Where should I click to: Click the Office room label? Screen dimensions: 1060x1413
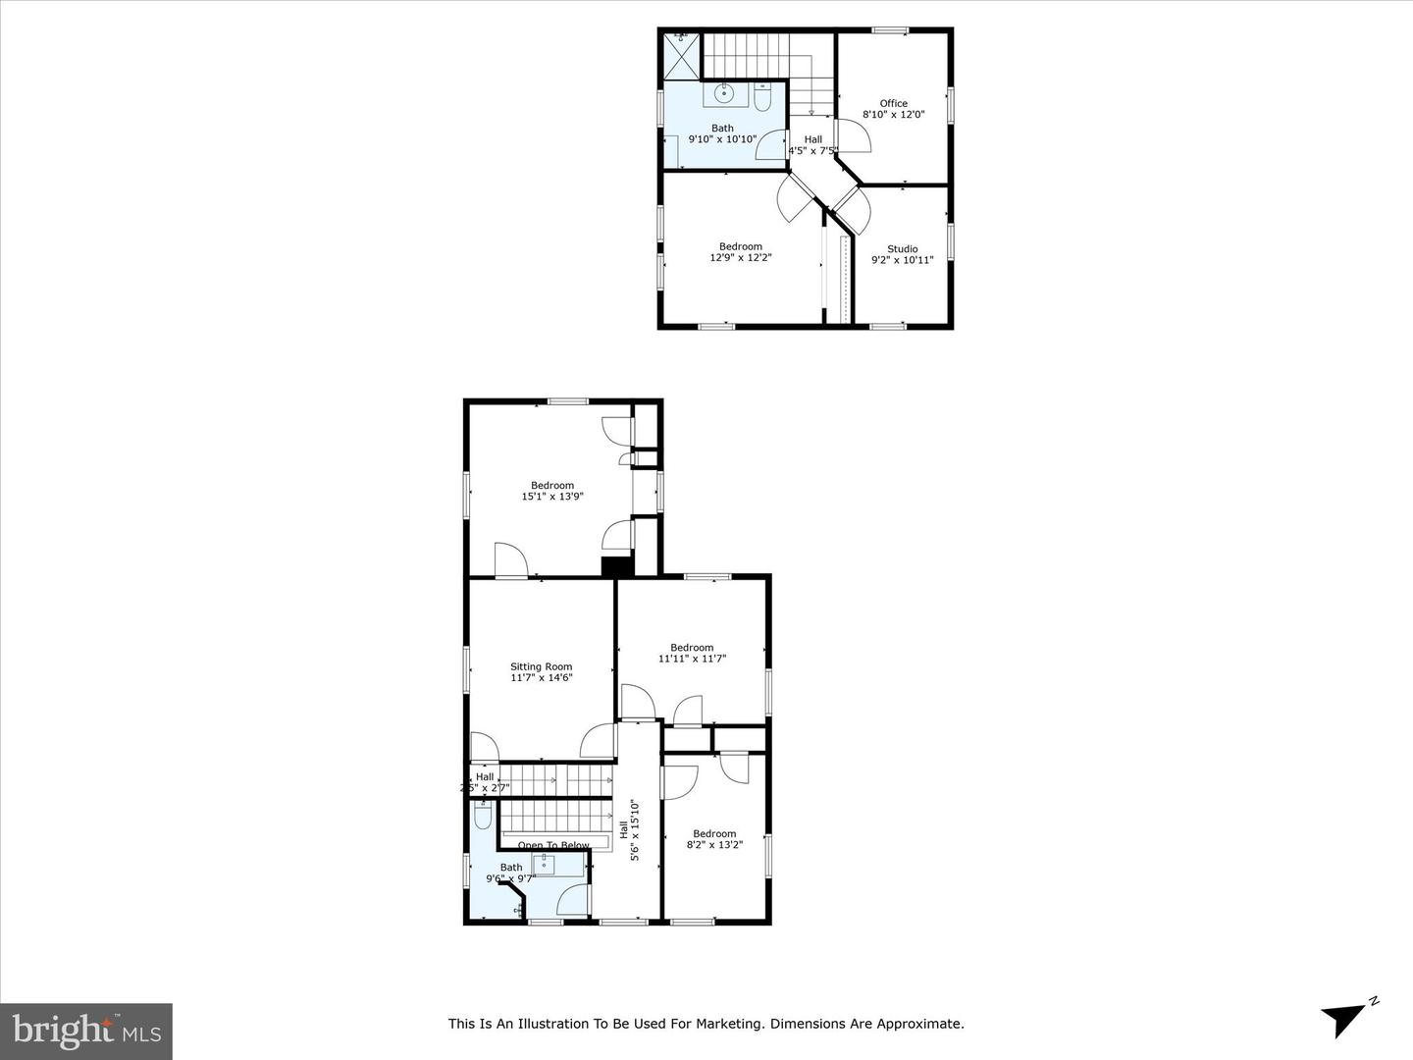coord(893,103)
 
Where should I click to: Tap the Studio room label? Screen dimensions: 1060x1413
coord(902,248)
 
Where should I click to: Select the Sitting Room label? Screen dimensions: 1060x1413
coord(541,666)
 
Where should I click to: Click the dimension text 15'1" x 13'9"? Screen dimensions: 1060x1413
coord(552,497)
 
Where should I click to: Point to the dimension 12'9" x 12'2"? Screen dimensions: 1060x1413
coord(740,258)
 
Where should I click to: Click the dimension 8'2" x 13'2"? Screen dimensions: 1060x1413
coord(713,844)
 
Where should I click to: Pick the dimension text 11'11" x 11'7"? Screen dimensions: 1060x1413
coord(692,659)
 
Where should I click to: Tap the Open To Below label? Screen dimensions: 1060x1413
coord(554,845)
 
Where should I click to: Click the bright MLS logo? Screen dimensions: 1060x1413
coord(86,1031)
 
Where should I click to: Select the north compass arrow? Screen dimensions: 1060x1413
coord(1345,1018)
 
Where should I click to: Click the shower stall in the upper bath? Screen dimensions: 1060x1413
coord(682,54)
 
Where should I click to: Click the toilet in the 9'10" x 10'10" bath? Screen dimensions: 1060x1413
coord(763,96)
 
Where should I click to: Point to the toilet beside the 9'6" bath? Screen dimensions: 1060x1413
coord(483,815)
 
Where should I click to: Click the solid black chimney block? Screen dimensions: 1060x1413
coord(617,566)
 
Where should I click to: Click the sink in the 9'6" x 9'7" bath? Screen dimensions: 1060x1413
coord(546,864)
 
